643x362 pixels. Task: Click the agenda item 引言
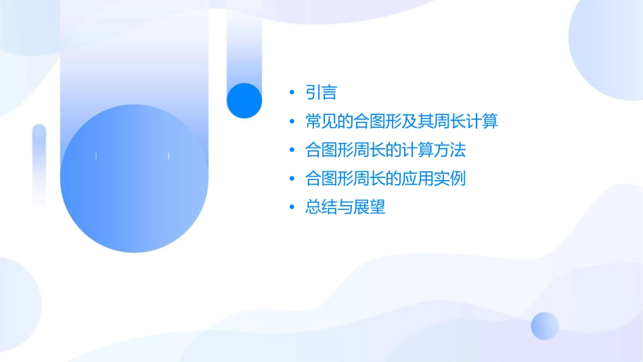point(321,93)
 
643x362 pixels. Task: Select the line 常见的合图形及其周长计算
point(401,122)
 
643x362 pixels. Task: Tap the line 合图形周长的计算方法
point(386,150)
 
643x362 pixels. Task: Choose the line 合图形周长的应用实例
point(386,179)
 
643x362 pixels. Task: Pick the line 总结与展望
point(345,208)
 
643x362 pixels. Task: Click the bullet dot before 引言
point(291,93)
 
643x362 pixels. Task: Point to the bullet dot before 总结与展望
point(291,208)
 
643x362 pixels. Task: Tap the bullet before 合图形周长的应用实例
point(291,179)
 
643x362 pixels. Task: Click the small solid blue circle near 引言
point(244,100)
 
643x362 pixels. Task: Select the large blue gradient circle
point(133,178)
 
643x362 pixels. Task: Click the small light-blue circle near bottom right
point(545,325)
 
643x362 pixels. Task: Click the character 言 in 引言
point(330,93)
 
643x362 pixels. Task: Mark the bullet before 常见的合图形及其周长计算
point(291,122)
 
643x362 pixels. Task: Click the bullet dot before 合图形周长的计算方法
point(291,150)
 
